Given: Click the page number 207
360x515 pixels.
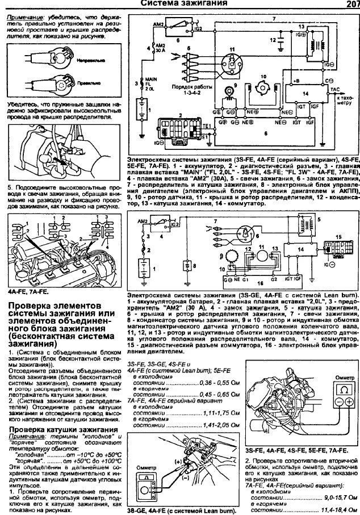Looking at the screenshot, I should click(x=349, y=5).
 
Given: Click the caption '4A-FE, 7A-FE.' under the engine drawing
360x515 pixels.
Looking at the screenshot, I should click(x=28, y=291).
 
